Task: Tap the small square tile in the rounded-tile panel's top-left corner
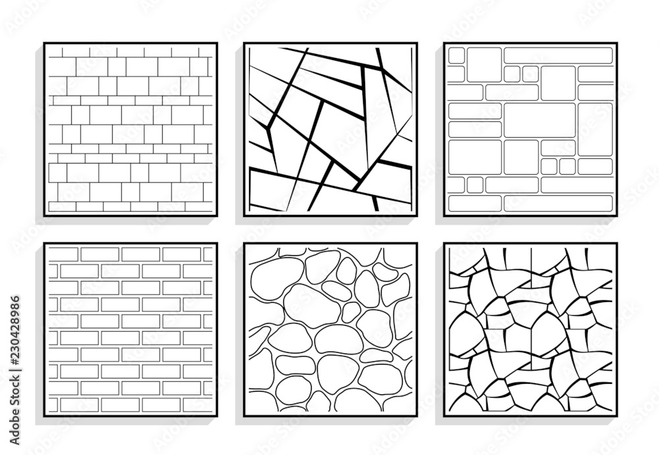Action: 456,55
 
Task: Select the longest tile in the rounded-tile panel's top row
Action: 558,55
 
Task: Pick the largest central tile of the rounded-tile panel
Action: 540,119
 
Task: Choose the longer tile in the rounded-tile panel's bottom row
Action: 558,203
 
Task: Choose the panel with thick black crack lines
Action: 330,129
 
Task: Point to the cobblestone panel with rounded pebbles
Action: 330,330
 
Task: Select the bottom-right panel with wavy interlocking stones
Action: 530,330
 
